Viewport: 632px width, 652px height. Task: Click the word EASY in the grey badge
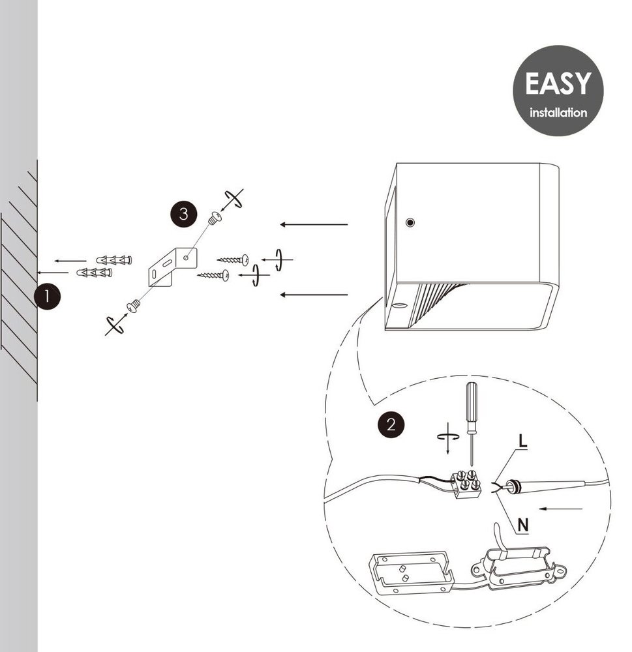pos(558,83)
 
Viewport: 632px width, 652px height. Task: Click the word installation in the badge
pos(558,113)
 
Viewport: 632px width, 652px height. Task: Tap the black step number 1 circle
pos(47,297)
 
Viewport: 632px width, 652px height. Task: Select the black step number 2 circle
pos(391,424)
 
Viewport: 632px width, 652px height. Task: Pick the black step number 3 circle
pos(183,214)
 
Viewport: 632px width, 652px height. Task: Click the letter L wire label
pos(522,441)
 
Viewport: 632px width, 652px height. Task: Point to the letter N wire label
pos(522,525)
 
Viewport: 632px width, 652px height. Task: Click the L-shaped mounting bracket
pos(172,267)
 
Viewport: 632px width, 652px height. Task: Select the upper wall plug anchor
pos(114,260)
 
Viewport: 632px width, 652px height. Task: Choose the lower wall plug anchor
pos(95,273)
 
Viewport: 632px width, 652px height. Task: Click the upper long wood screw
pos(233,260)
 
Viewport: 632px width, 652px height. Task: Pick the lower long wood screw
pos(213,275)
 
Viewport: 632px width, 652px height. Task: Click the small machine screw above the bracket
pos(215,218)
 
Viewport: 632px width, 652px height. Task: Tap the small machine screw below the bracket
pos(134,306)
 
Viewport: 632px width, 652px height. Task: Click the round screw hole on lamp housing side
pos(410,222)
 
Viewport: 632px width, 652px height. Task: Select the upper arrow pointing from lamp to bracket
pos(314,224)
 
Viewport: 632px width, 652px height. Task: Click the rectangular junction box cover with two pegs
pos(411,572)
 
